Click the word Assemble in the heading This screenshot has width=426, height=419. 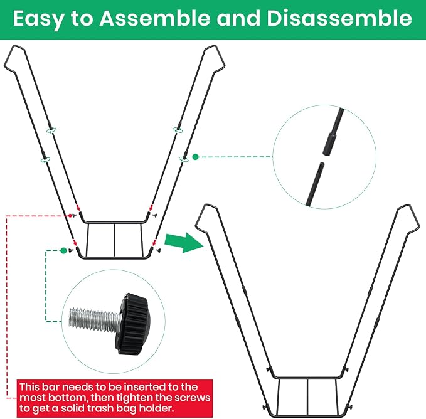(155, 18)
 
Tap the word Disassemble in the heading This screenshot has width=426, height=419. (339, 18)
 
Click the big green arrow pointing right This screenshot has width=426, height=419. (184, 242)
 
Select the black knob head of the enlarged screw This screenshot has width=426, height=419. (133, 324)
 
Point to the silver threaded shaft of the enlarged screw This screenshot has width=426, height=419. (94, 319)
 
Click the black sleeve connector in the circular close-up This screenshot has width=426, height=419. (329, 144)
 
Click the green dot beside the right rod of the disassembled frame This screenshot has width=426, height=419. (195, 157)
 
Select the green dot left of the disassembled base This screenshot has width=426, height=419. (63, 250)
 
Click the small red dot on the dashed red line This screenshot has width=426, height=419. (70, 216)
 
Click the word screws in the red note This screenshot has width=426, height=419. (193, 398)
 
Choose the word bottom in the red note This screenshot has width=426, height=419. (67, 398)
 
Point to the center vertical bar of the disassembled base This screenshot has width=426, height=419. (115, 240)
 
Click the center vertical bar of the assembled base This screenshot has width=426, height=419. (307, 397)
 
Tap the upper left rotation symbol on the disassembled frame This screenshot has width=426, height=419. (51, 130)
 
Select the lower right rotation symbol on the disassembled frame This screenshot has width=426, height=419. (184, 159)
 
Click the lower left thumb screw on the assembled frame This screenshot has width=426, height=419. (265, 407)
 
